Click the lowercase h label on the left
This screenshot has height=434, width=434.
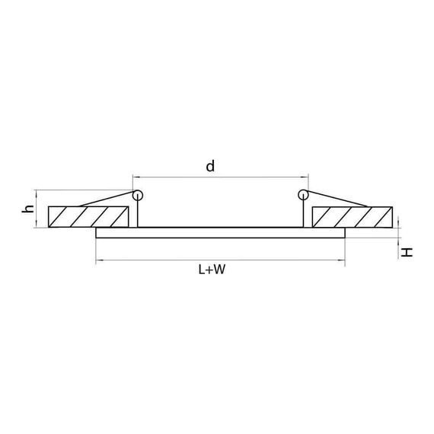[28, 208]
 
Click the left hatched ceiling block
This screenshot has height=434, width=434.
[88, 216]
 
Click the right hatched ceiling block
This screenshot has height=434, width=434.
[353, 216]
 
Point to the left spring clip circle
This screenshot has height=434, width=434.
[137, 195]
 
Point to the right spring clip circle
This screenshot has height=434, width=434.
[303, 195]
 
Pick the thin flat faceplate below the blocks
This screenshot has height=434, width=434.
[221, 232]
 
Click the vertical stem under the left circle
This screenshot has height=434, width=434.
[137, 214]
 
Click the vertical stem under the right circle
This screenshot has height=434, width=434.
[303, 214]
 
